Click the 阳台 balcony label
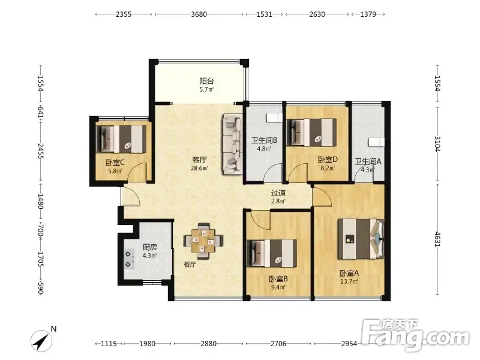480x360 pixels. [x=206, y=81]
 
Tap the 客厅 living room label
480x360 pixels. [x=199, y=160]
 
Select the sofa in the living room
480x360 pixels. [x=233, y=144]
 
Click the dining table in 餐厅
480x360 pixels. [x=203, y=241]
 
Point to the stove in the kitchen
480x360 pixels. [x=129, y=259]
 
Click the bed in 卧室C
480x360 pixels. [x=121, y=139]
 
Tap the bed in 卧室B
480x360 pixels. [x=272, y=253]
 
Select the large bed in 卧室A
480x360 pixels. [x=361, y=239]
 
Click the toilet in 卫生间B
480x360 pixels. [x=274, y=118]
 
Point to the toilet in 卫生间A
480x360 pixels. [x=376, y=142]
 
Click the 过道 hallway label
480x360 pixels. [x=278, y=193]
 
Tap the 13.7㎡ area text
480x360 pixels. [x=349, y=281]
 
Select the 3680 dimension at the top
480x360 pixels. [x=199, y=14]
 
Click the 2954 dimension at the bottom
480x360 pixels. [x=349, y=344]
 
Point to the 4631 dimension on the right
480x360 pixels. [x=437, y=239]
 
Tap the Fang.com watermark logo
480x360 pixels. [x=415, y=335]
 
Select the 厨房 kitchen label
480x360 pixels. [x=149, y=247]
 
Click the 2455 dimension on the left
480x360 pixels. [x=40, y=151]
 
